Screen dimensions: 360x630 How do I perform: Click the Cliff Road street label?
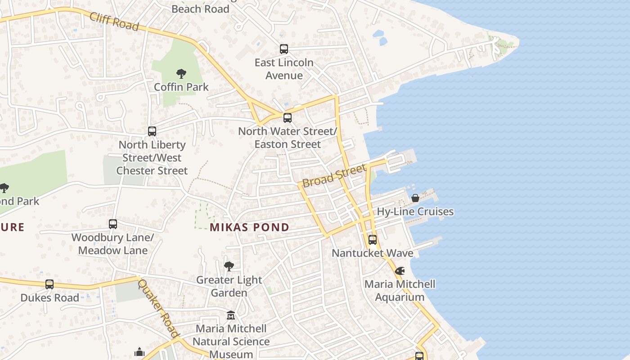[114, 21]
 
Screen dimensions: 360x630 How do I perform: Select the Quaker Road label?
[158, 308]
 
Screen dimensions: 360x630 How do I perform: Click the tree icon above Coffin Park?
[181, 73]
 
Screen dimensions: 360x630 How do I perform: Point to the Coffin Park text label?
[181, 86]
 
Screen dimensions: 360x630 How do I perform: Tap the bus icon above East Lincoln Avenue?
[283, 49]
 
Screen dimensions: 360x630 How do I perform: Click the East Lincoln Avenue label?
[284, 69]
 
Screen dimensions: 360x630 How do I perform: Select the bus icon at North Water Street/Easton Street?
[287, 118]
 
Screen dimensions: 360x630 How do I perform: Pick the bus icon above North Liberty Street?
[152, 131]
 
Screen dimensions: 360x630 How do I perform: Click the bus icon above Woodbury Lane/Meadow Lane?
[113, 224]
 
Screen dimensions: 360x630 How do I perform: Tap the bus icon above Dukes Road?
[49, 284]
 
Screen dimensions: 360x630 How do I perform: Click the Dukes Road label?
[49, 297]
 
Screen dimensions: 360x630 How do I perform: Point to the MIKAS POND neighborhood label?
[249, 227]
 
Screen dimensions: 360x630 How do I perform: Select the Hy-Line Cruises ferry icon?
[415, 198]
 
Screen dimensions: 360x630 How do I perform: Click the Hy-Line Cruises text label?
[415, 211]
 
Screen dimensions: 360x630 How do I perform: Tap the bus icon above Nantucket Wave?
[372, 240]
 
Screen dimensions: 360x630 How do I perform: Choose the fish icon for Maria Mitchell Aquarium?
[400, 271]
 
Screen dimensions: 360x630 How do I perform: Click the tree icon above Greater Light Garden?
[229, 266]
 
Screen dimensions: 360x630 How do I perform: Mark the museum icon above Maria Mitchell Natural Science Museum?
[231, 315]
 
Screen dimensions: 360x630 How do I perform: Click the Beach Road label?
[200, 9]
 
